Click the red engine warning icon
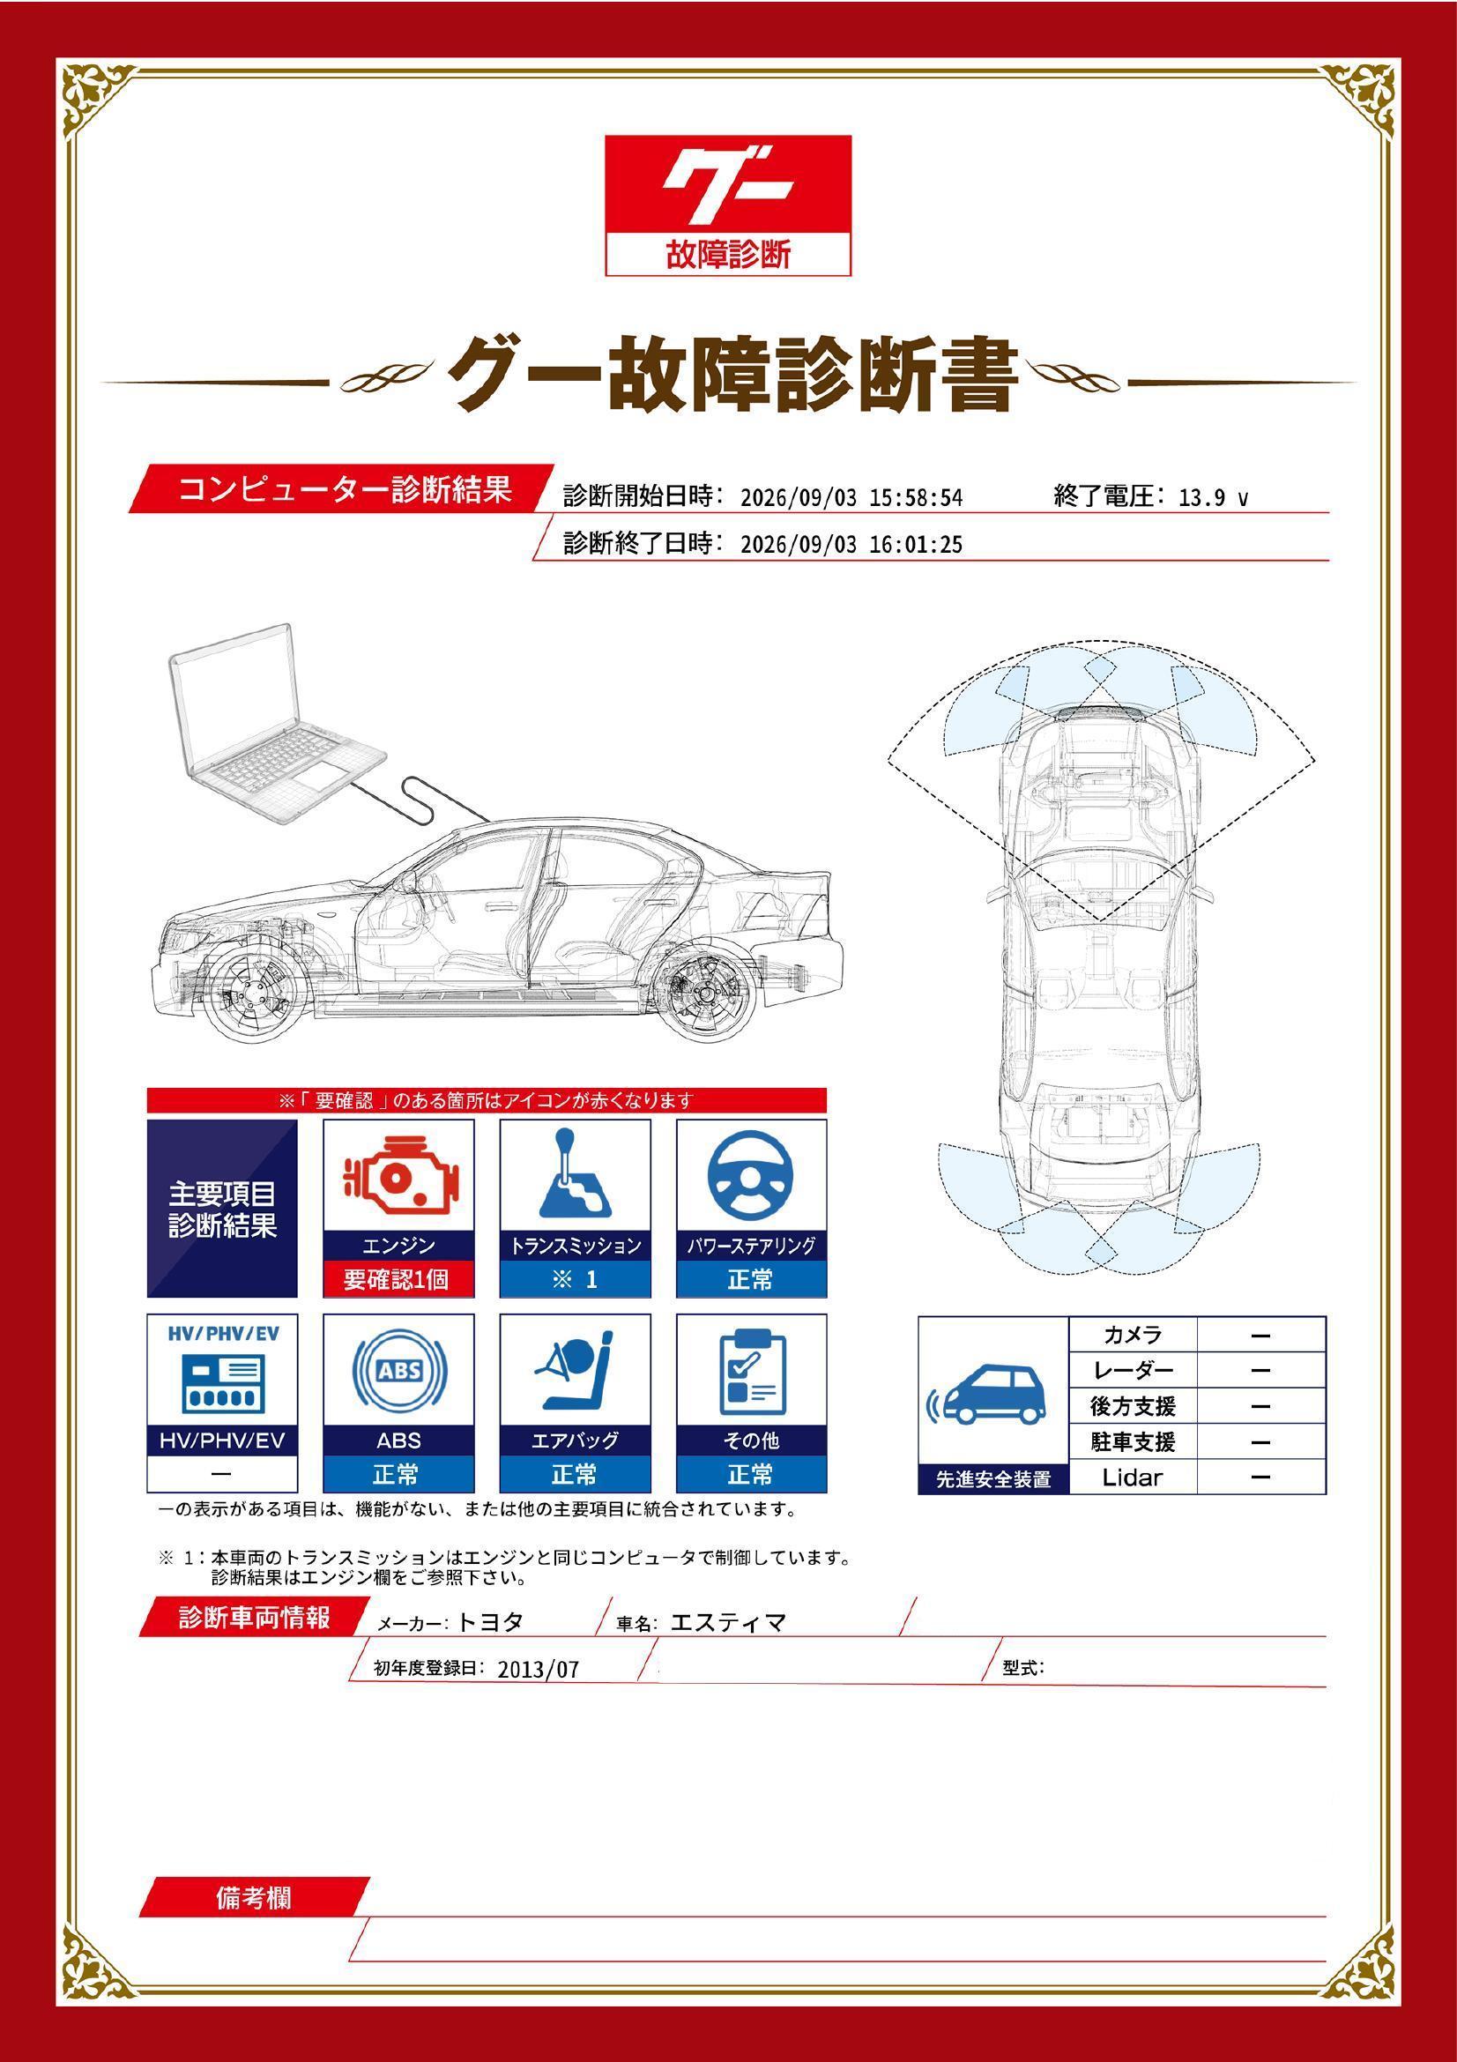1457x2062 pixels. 398,1176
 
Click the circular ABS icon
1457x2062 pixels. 399,1371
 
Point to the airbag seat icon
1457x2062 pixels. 575,1372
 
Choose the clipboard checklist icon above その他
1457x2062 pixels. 752,1373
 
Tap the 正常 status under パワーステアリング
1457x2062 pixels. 750,1279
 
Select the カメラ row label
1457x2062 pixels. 1132,1335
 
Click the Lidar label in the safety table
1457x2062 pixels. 1132,1477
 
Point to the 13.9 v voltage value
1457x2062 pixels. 1213,498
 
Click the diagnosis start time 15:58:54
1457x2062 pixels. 916,498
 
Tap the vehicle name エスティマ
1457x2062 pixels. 728,1622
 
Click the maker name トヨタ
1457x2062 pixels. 489,1622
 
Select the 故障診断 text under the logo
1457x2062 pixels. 728,255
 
